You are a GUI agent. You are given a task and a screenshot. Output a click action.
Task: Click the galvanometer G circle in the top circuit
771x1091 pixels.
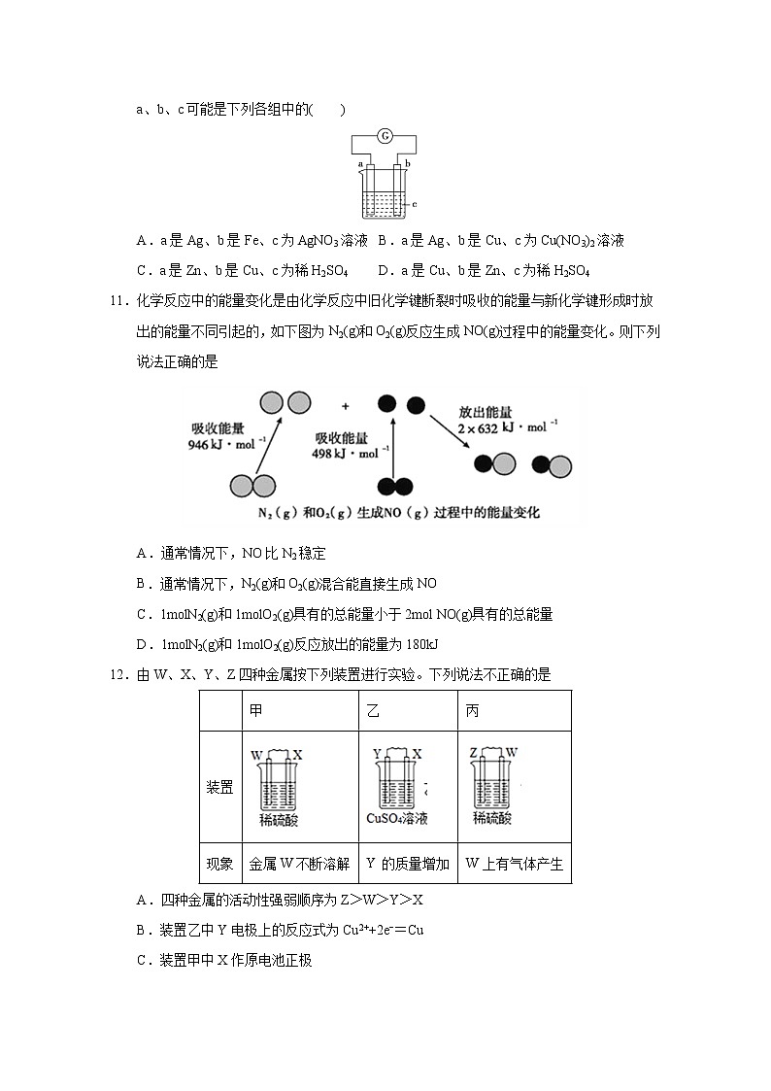(385, 136)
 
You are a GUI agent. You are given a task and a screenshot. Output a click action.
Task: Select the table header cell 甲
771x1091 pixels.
(256, 711)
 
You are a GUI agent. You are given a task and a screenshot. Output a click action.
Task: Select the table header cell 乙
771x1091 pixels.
(374, 711)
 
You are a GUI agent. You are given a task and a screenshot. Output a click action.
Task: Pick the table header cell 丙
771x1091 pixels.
(472, 711)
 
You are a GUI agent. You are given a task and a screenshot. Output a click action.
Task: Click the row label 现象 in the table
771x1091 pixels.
(219, 863)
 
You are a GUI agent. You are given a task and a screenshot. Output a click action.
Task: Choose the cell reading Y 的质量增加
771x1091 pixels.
(408, 863)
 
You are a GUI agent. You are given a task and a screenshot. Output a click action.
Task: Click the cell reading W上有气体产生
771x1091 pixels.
(515, 863)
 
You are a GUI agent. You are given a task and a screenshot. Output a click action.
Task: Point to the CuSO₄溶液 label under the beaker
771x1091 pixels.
(397, 819)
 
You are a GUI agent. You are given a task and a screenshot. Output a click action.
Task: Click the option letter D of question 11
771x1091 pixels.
(143, 644)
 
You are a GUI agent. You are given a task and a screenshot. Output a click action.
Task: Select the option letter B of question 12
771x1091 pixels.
(143, 930)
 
